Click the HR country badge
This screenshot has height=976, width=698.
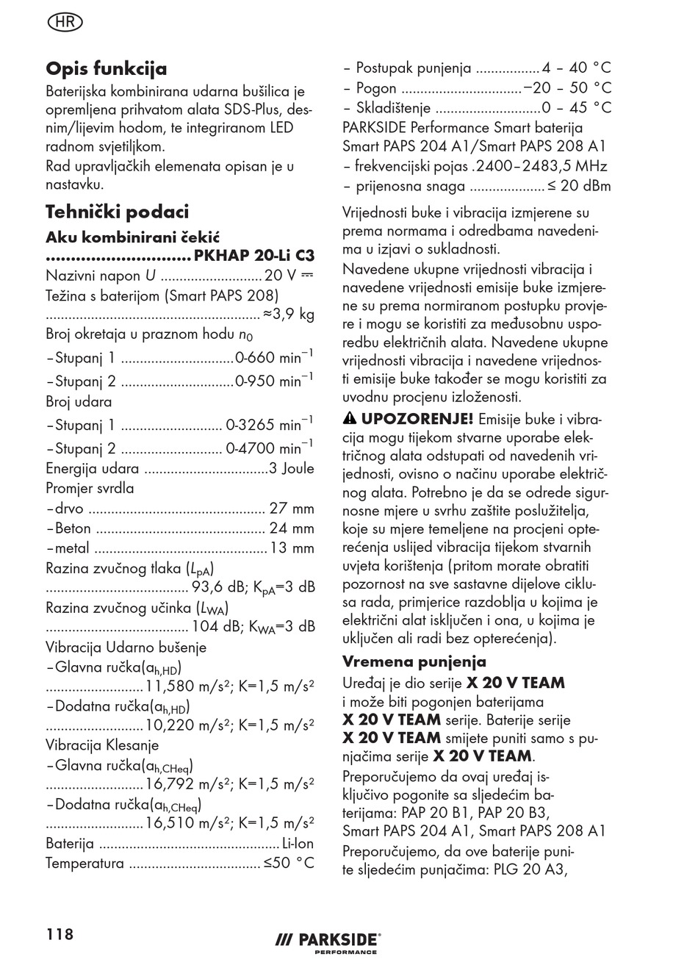coord(65,22)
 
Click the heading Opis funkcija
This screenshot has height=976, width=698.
coord(107,68)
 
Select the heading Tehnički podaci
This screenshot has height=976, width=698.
coord(118,212)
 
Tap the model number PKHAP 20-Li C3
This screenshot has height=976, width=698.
coord(254,256)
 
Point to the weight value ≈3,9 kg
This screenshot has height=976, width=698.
coord(289,315)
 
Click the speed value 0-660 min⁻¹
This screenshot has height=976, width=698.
coord(274,359)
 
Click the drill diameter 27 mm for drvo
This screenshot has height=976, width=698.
coord(292,509)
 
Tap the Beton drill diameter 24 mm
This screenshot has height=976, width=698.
coord(292,528)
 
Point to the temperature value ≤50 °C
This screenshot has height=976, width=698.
coord(289,863)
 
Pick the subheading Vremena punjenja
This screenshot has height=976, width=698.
coord(414,661)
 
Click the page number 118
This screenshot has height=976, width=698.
coord(60,934)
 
